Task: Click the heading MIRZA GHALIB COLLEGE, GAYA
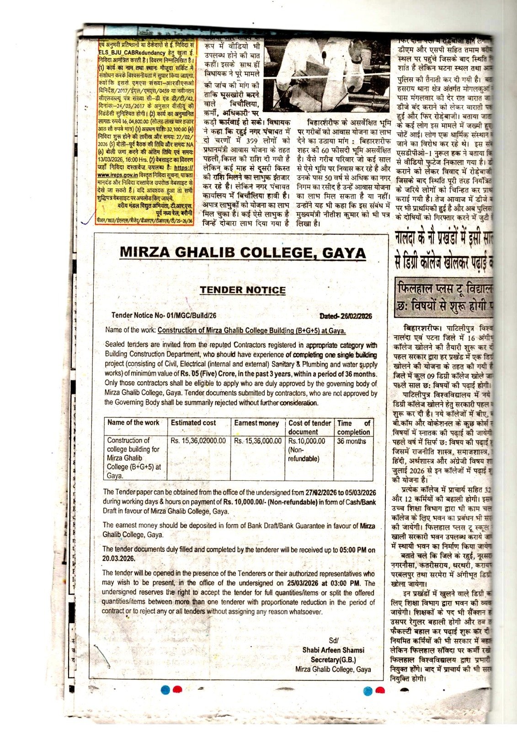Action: click(x=243, y=253)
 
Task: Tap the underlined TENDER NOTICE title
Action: click(x=243, y=290)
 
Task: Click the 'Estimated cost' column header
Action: click(x=193, y=423)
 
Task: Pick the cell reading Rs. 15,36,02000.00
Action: click(x=198, y=441)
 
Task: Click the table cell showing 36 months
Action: click(x=352, y=441)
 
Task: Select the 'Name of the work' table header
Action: click(x=133, y=423)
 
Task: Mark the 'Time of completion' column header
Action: click(x=354, y=427)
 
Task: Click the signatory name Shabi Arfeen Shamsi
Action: click(x=333, y=650)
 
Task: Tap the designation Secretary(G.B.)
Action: click(x=333, y=660)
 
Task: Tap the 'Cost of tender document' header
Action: click(x=309, y=427)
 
